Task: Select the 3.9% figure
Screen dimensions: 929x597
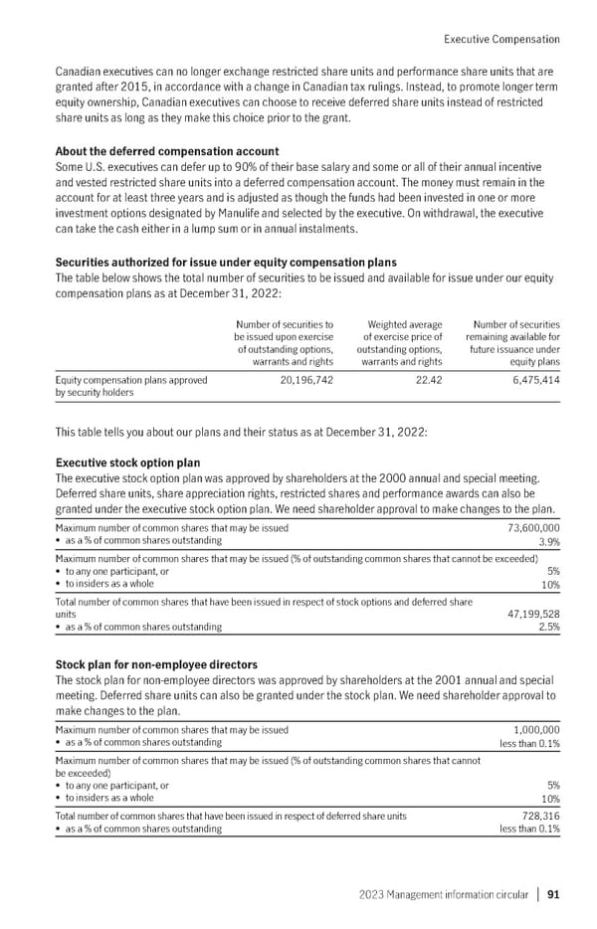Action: (x=547, y=542)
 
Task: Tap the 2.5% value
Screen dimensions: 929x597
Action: (x=547, y=629)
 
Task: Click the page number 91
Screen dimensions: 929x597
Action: (x=552, y=894)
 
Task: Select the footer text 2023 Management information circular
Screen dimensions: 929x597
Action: (x=443, y=894)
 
